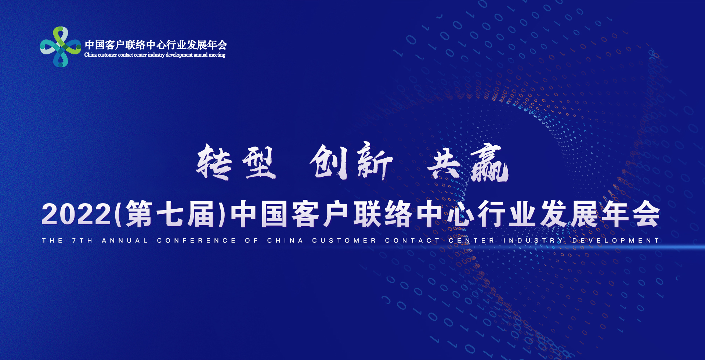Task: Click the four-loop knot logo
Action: (x=60, y=47)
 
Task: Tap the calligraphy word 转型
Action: (x=236, y=162)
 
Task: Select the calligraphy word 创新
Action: (x=351, y=161)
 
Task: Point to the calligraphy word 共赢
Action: (x=468, y=163)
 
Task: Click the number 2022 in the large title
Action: (x=76, y=215)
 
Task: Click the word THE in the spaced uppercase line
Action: (x=53, y=241)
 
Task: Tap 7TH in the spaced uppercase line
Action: (x=82, y=241)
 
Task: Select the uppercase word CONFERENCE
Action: (x=196, y=241)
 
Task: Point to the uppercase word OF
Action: (x=252, y=241)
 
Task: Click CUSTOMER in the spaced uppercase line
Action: (x=344, y=241)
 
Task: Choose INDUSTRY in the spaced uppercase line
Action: (x=533, y=241)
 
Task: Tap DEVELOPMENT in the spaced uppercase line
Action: (x=616, y=241)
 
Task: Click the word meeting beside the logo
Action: (x=217, y=55)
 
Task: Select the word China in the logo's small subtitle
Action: (x=91, y=55)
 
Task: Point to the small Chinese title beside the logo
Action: (x=156, y=45)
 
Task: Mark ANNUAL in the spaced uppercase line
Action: (x=125, y=241)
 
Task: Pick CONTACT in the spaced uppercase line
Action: (x=412, y=241)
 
